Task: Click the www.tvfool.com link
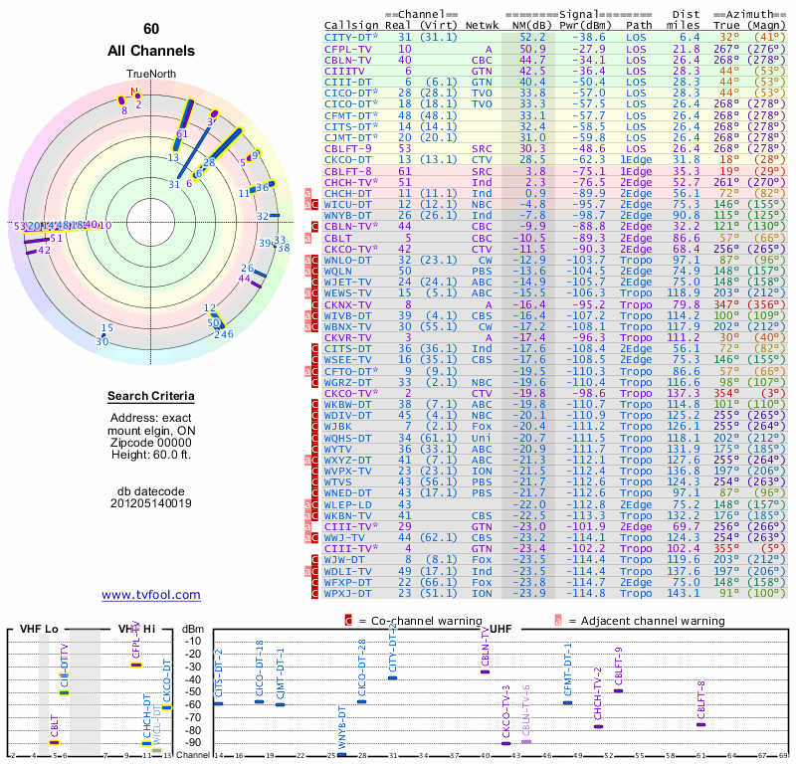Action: click(x=151, y=595)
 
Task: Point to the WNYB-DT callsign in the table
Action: click(x=349, y=215)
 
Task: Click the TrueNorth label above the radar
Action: click(x=150, y=75)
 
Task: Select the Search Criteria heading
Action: click(x=151, y=398)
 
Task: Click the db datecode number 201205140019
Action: click(x=151, y=503)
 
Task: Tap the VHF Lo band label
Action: click(x=38, y=630)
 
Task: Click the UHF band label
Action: click(x=501, y=630)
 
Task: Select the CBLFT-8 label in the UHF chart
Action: click(x=700, y=701)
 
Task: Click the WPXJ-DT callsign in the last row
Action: click(x=349, y=594)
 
